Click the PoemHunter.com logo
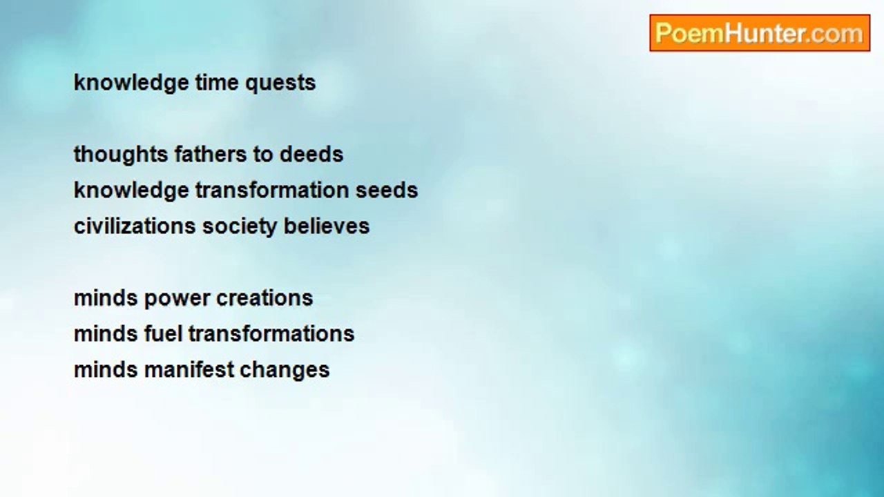(x=759, y=33)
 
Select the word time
(x=217, y=83)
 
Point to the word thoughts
(x=120, y=154)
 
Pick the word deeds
(x=311, y=154)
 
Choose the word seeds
(x=387, y=190)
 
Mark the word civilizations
(x=135, y=226)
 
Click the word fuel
(x=163, y=334)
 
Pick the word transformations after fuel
(x=271, y=334)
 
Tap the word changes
(x=285, y=370)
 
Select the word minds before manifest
(x=106, y=370)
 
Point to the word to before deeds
(x=263, y=154)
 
